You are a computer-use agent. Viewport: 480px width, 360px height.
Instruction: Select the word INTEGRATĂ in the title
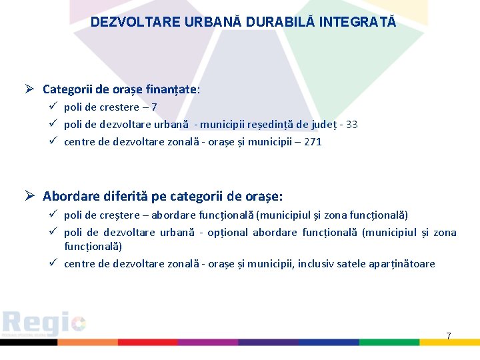[x=358, y=22]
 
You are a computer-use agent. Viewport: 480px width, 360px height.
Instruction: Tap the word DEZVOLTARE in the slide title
[x=126, y=22]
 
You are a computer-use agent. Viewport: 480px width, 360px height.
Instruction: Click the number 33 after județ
[x=351, y=124]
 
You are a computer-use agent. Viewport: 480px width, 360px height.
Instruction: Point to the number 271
[x=313, y=141]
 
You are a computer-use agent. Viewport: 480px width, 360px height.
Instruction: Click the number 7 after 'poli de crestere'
[x=154, y=107]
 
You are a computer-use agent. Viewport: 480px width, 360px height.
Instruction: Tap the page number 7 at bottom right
[x=448, y=336]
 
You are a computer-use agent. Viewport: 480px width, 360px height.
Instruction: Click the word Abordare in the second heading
[x=71, y=197]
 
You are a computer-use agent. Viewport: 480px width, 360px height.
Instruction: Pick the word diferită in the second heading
[x=126, y=197]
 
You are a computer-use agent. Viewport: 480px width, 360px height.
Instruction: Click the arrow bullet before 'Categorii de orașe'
[x=31, y=89]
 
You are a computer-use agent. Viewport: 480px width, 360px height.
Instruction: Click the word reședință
[x=271, y=124]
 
